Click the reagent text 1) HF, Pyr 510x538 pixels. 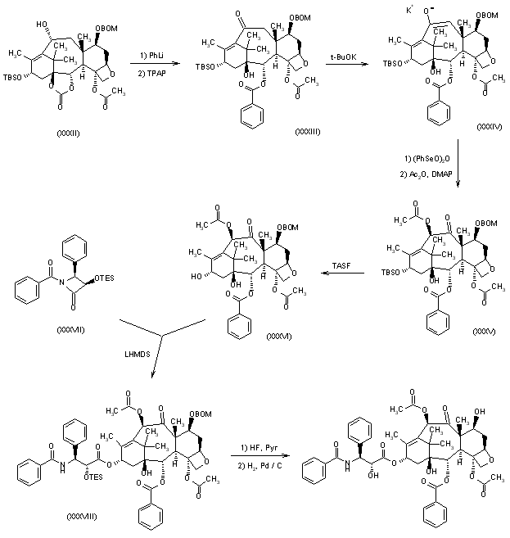260,447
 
